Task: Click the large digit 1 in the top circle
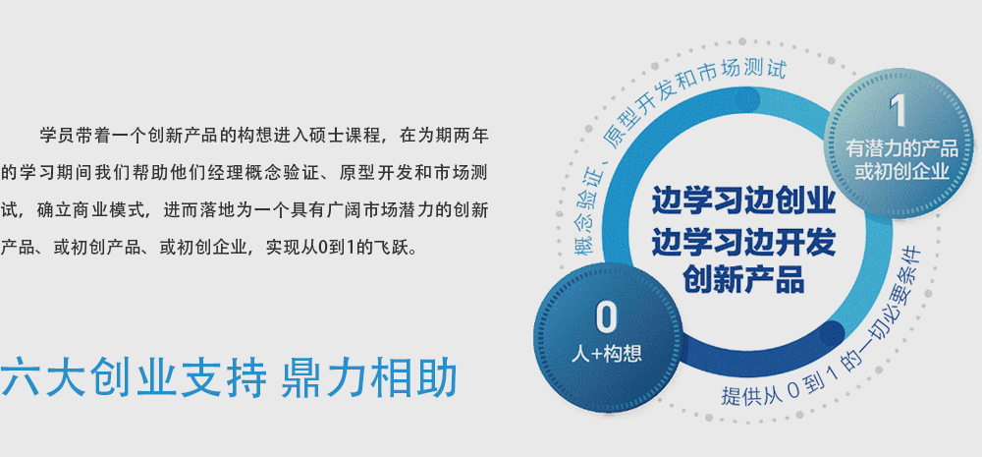898,112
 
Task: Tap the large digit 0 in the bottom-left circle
606,317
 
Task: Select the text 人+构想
606,354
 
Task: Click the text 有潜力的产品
901,148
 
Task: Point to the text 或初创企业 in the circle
901,172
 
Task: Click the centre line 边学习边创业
744,201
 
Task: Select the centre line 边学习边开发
744,242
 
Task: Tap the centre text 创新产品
744,280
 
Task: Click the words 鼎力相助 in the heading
369,376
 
